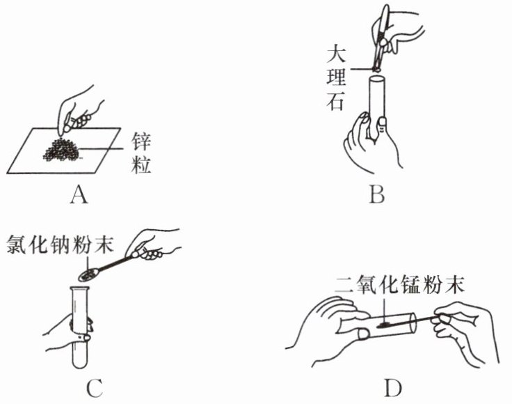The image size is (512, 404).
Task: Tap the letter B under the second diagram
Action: pos(376,194)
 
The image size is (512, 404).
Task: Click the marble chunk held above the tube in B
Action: pos(376,68)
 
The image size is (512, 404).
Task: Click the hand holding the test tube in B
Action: pos(369,143)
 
